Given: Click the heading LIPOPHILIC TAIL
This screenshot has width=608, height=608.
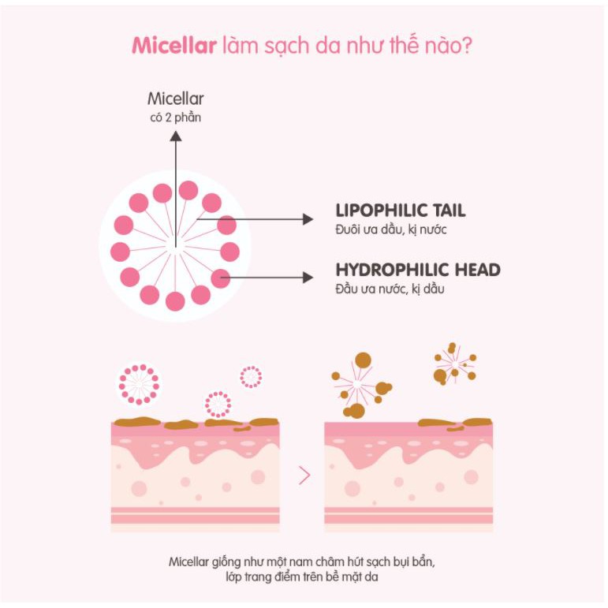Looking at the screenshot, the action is click(x=400, y=211).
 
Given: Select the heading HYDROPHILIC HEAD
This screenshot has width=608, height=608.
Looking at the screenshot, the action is click(x=417, y=270).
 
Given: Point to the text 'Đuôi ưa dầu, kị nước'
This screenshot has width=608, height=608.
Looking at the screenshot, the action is click(x=379, y=229).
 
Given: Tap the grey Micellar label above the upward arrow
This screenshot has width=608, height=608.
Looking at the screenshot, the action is click(x=176, y=99).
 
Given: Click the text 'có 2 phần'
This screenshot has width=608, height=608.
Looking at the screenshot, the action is click(x=176, y=117).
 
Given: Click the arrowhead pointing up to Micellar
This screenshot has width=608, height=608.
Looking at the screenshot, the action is click(x=176, y=136).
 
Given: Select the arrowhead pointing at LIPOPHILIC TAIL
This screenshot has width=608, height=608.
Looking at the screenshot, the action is click(x=308, y=219).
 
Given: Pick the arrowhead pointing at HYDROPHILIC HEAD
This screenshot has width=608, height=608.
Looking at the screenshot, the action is click(x=308, y=277).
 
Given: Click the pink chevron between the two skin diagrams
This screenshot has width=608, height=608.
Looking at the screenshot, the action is click(x=304, y=476).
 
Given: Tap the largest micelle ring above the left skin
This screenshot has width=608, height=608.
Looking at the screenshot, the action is click(x=139, y=383).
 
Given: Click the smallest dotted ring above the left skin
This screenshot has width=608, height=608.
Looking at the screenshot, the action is click(x=251, y=377).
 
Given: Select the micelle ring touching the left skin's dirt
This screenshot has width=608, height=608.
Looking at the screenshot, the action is click(x=218, y=404).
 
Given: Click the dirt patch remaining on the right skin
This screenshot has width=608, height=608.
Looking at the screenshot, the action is click(x=453, y=423).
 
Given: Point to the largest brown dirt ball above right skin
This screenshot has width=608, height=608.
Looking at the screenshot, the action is click(x=363, y=360).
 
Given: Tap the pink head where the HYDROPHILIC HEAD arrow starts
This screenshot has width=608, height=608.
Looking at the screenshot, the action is click(x=220, y=278).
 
